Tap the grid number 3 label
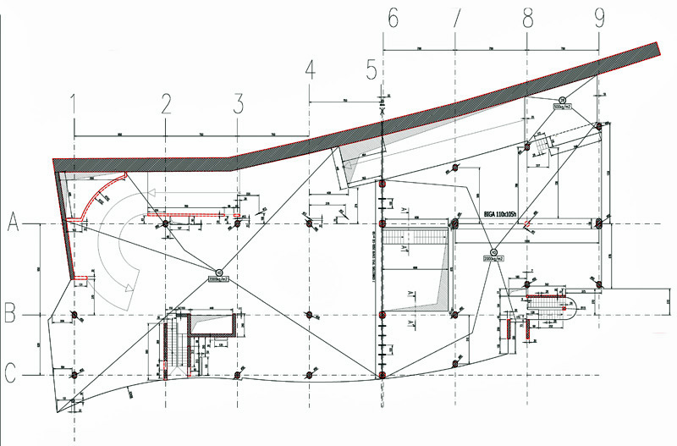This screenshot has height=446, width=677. pos(239,104)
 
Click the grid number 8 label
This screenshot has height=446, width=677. pos(528,17)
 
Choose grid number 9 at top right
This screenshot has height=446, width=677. pos(599,17)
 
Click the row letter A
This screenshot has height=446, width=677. pos(14,223)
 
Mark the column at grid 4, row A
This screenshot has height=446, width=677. pos(309,223)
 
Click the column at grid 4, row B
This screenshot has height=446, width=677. pos(310,315)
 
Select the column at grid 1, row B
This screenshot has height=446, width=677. pos(74,315)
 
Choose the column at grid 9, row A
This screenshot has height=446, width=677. pos(598,223)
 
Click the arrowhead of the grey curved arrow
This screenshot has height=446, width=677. pos(129,289)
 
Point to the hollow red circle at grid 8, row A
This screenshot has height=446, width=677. pos(527,224)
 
